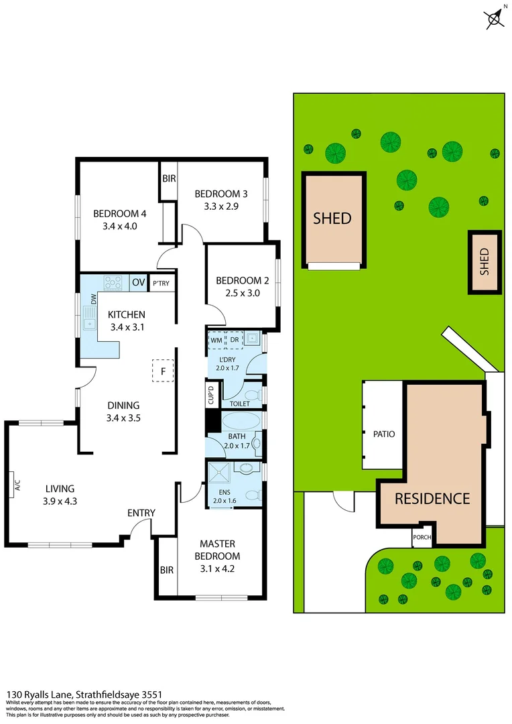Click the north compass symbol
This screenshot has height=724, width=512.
pos(495,18)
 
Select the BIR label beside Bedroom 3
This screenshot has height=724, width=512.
pos(168,179)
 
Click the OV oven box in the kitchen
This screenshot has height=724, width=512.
pos(138,283)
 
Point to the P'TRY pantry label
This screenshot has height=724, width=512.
pos(161,284)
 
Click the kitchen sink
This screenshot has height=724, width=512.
pos(88,318)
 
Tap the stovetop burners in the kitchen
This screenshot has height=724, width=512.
pos(112,282)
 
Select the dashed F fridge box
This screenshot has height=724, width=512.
pos(163,371)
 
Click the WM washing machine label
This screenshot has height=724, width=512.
pos(216,340)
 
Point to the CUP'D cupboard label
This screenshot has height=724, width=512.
pos(210,395)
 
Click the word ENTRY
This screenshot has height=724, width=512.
pos(141,513)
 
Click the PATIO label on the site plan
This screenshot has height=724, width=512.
pos(384,434)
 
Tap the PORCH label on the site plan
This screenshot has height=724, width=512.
pos(422,536)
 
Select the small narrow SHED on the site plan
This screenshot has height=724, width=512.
pos(485,262)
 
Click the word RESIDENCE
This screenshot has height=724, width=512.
pos(432,499)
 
